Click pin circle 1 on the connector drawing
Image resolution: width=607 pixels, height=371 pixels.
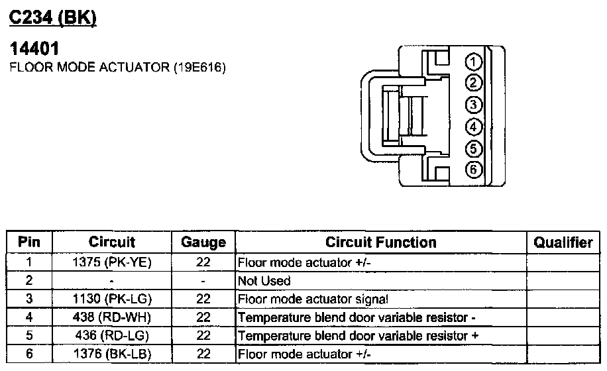pos(473,63)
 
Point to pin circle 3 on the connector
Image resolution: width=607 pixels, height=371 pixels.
pos(473,105)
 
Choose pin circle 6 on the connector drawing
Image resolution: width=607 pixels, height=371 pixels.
pos(473,170)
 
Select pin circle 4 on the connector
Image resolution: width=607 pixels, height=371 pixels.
pos(473,127)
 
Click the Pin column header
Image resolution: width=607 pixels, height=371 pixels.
pos(28,242)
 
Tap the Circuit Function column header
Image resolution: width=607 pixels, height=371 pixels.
pos(380,242)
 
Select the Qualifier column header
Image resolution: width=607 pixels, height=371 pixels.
pos(563,242)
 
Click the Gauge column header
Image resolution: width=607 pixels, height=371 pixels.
pos(203,242)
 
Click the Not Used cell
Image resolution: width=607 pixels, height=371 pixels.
pos(263,281)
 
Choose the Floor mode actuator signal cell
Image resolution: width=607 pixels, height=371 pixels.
pos(312,299)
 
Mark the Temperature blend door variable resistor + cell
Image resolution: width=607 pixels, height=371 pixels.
pos(358,336)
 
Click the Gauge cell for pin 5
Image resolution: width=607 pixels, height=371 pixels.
pos(203,336)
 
